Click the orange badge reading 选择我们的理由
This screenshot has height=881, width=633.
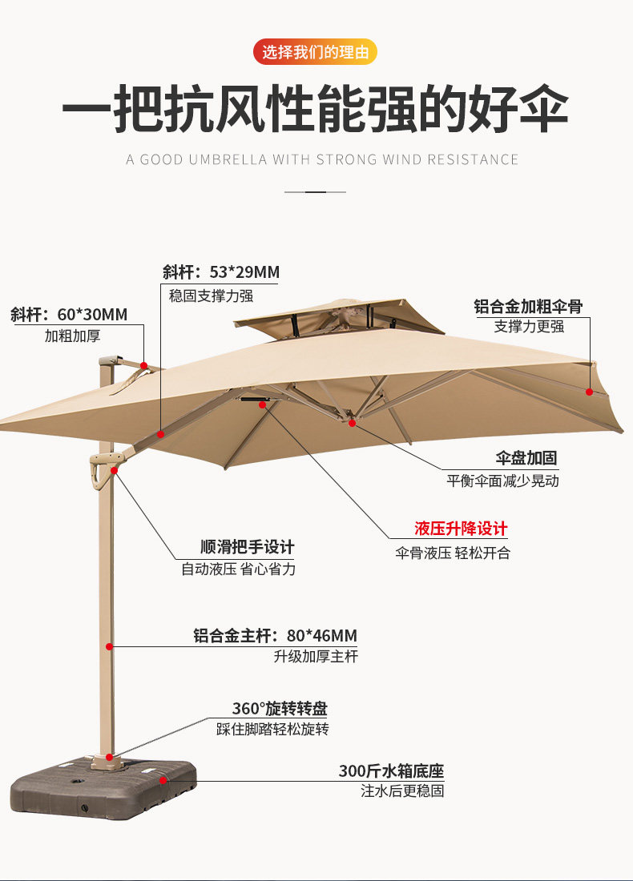coord(316,53)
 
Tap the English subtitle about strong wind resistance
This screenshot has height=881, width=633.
coord(322,159)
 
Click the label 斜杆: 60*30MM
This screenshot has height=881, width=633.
coord(69,315)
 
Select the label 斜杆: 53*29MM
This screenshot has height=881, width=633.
coord(221,272)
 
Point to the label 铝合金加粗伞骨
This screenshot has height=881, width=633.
coord(528,306)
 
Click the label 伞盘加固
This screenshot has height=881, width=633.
coord(526,458)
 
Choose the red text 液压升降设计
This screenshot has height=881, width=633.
coord(461,529)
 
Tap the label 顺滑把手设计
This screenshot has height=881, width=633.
coord(247,547)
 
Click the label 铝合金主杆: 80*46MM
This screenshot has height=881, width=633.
coord(275,636)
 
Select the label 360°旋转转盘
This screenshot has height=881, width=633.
coord(280,708)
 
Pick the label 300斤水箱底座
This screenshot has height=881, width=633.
coord(391,771)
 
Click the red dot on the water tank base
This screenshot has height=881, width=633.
coord(163,778)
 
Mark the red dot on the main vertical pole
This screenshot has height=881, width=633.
coord(109,646)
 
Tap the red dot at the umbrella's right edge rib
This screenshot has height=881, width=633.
coord(589,392)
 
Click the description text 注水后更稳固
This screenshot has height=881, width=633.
coord(402,791)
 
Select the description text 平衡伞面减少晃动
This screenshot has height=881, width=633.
coord(502,481)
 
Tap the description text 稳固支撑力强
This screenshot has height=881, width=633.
coord(211,296)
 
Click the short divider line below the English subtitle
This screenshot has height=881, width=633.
coord(316,192)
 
